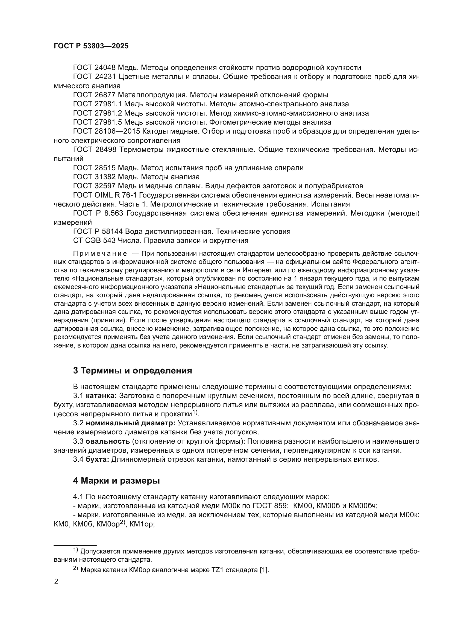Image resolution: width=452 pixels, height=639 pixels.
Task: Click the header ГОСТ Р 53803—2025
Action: tap(91, 46)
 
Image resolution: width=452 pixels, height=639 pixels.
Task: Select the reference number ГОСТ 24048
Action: tap(94, 68)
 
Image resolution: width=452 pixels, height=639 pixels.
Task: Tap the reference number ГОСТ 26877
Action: tap(94, 95)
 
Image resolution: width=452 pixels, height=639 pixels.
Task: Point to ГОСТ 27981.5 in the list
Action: tap(97, 122)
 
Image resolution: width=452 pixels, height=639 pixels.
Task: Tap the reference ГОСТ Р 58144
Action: tap(98, 232)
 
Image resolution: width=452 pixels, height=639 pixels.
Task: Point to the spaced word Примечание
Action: tap(100, 254)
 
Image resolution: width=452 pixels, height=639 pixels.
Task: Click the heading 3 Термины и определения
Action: tap(133, 371)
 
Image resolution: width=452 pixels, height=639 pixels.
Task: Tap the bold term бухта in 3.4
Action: tap(97, 460)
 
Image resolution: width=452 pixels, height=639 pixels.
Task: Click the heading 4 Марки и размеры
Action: tap(116, 481)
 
